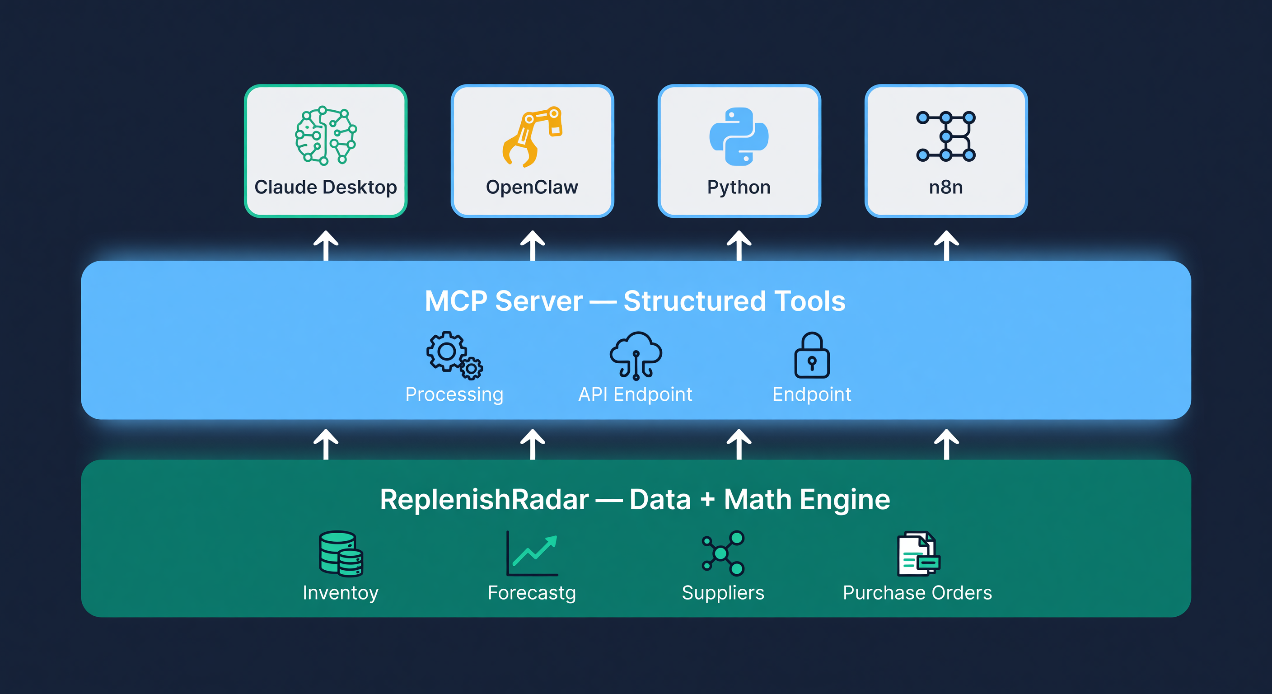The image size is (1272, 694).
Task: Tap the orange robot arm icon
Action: [532, 136]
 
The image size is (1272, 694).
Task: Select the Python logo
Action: [739, 136]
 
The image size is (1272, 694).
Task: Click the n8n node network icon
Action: [945, 136]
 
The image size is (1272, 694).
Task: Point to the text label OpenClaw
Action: [532, 187]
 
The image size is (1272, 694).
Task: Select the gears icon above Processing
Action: [454, 355]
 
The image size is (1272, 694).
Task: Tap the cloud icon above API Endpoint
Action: [636, 355]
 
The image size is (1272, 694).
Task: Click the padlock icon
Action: [812, 355]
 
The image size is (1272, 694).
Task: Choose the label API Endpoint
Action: [635, 394]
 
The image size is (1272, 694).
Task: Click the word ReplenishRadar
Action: [484, 499]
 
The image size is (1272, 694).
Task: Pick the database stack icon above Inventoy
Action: [341, 554]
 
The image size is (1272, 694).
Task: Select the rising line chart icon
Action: [532, 554]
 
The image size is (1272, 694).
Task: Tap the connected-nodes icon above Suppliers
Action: [723, 554]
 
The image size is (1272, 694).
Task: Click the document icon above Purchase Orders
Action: [918, 554]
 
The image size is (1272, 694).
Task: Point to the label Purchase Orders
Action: [917, 593]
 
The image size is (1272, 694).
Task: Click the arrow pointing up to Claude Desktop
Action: [326, 245]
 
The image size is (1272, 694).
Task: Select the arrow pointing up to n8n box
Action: [946, 245]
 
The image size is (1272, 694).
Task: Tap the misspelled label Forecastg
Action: [532, 593]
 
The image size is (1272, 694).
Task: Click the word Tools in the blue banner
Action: [809, 301]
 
